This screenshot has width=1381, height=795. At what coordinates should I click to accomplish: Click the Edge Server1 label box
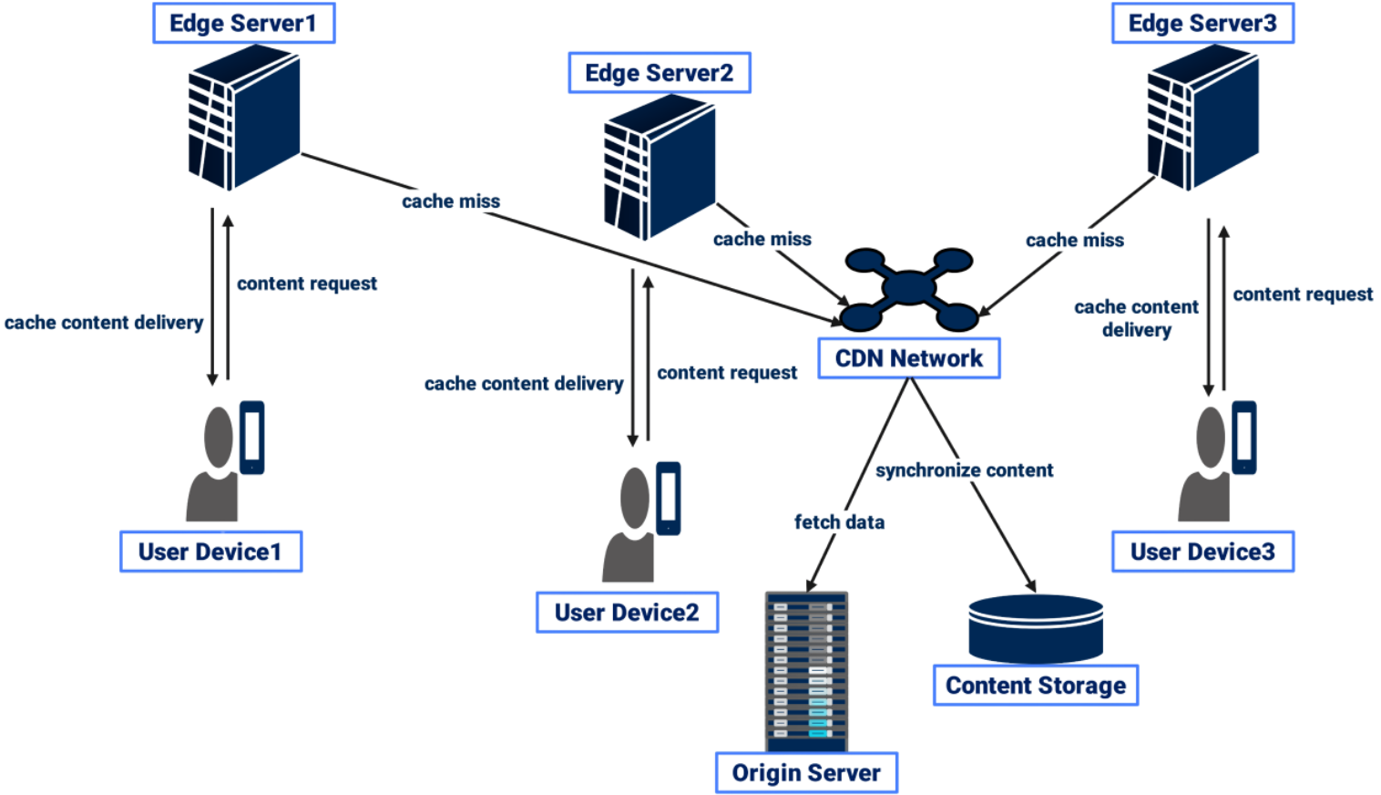(243, 24)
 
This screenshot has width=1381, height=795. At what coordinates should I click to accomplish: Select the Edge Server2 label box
(660, 73)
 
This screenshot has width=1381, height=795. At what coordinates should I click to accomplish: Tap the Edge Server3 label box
(1202, 24)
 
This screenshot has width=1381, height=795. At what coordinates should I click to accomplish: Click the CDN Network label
(909, 358)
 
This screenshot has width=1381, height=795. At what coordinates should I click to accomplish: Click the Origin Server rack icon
(807, 670)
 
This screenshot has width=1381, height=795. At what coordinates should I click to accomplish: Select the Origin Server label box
(806, 773)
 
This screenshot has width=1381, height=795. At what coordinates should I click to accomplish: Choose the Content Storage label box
(1036, 686)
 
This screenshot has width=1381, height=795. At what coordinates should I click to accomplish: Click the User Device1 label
(210, 552)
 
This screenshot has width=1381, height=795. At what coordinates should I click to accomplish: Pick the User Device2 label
(627, 612)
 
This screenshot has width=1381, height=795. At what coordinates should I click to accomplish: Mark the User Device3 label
(1202, 552)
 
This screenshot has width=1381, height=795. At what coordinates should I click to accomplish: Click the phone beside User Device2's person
(669, 498)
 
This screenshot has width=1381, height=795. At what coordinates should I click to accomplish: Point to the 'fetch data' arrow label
(839, 522)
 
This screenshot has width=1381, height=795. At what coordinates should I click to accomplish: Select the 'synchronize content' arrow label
(964, 470)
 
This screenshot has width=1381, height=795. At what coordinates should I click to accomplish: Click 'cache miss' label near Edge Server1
(451, 201)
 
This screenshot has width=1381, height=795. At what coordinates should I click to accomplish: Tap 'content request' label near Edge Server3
(1303, 294)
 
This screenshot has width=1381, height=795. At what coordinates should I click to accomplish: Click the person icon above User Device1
(215, 465)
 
